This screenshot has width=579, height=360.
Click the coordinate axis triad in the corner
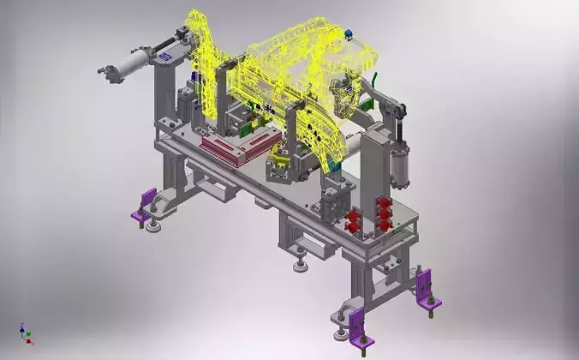(x=26, y=333)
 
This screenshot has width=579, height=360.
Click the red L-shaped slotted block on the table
(x=239, y=149)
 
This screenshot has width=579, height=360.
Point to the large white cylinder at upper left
(x=129, y=64)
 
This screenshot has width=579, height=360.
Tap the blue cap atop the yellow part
(x=349, y=35)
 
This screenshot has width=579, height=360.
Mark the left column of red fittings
(x=351, y=223)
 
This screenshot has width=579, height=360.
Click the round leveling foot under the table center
(x=300, y=264)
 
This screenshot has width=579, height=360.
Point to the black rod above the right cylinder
(x=396, y=110)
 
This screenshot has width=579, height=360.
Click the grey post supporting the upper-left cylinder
(x=164, y=94)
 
